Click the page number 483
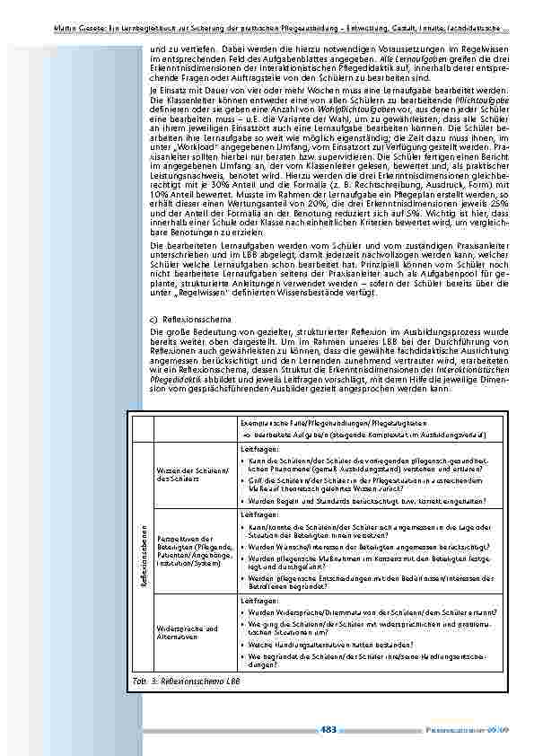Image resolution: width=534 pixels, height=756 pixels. coord(328,729)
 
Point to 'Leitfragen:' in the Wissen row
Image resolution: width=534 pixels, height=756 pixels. coord(260,446)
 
